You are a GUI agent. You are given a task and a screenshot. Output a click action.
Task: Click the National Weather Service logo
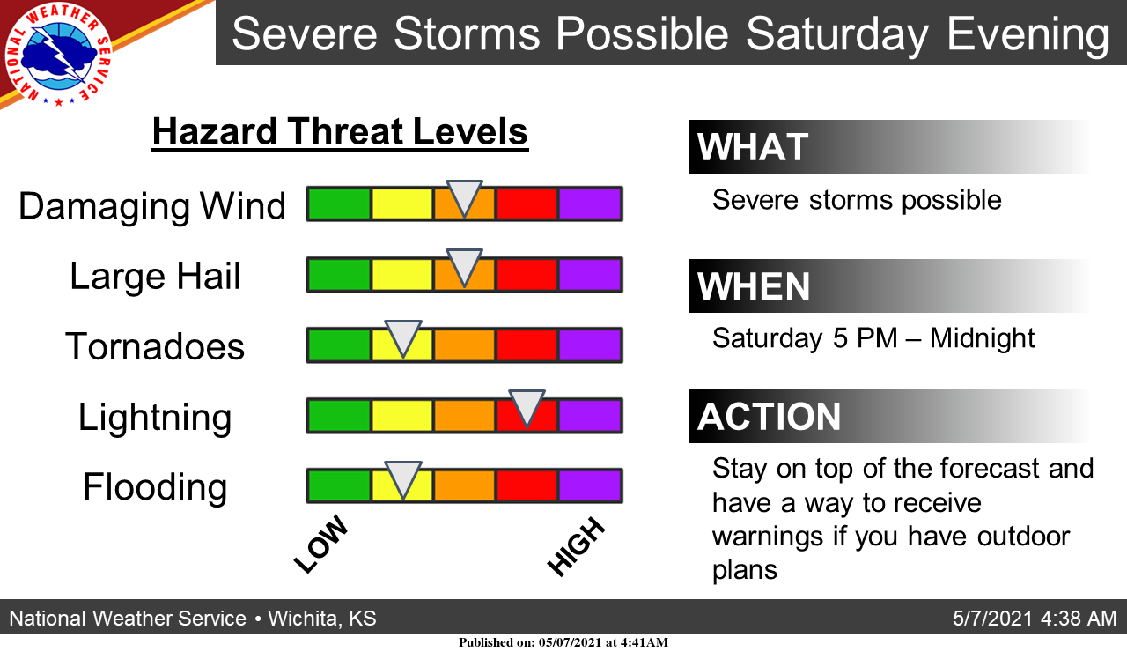[58, 55]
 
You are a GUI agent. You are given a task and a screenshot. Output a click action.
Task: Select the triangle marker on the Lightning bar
[527, 408]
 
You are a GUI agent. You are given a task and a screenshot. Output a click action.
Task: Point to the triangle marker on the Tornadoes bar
[403, 338]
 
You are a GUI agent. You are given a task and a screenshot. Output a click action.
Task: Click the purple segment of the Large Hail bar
[590, 275]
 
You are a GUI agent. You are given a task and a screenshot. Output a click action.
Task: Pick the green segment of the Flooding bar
[339, 485]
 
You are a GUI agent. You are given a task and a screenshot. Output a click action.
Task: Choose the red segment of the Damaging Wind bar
[527, 204]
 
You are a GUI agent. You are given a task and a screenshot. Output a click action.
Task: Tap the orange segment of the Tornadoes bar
[464, 345]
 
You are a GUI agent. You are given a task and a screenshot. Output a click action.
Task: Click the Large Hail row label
[155, 277]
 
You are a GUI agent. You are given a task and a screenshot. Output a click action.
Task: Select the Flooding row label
[155, 487]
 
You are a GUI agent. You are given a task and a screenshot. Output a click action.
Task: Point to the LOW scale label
[321, 545]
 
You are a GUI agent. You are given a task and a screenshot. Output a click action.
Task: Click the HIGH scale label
[576, 547]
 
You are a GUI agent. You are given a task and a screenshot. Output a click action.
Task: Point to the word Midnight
[982, 337]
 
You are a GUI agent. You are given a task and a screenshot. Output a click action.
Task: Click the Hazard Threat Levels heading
[340, 131]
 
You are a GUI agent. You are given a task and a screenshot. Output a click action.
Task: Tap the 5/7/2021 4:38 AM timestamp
[1035, 619]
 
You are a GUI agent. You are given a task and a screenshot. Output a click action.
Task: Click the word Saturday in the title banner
[836, 33]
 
